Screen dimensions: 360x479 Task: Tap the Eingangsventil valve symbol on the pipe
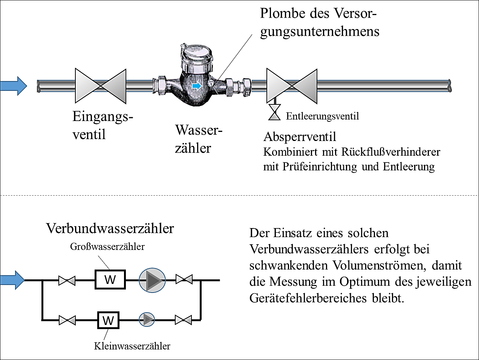[101, 86]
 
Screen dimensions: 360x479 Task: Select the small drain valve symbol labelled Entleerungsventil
[274, 112]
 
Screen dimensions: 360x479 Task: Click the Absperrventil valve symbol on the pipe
[292, 86]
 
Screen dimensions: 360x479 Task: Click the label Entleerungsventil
[322, 116]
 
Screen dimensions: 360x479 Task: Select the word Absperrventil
[300, 136]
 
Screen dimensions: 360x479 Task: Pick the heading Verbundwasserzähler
[110, 228]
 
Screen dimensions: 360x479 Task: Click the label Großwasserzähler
[107, 247]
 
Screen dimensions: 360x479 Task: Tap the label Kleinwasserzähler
[132, 346]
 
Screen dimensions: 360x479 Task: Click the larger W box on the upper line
[110, 280]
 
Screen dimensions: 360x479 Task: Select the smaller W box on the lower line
[108, 320]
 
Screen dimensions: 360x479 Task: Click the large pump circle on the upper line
[152, 280]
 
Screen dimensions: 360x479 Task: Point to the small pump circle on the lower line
[147, 320]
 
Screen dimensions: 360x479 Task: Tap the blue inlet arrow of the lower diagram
[13, 280]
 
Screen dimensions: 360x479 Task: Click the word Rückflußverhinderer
[391, 152]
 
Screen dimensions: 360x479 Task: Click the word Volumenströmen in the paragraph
[380, 265]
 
